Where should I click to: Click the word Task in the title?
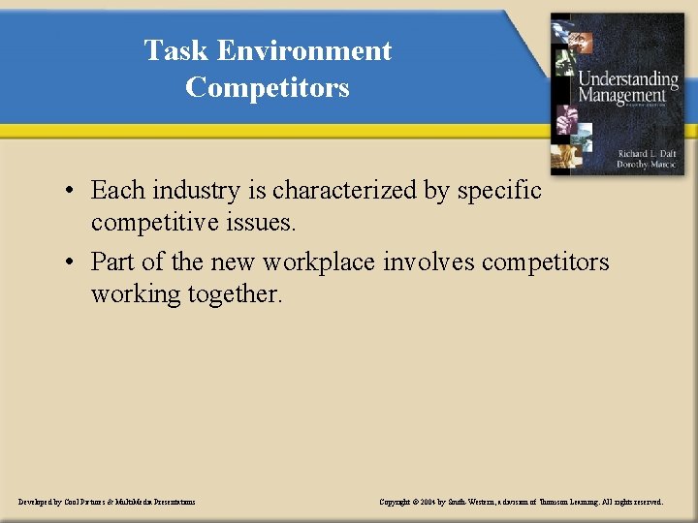tap(176, 50)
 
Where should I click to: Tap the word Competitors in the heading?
tap(267, 87)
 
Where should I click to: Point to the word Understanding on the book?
tap(628, 78)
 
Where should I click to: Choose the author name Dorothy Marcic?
tap(647, 165)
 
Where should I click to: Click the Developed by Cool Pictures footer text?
tap(107, 502)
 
